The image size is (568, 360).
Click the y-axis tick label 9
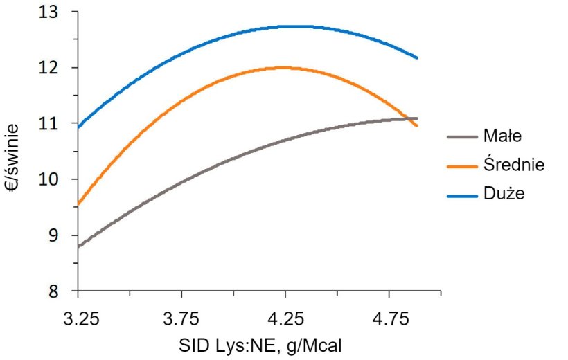pos(62,235)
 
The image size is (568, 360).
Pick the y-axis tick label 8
pos(62,291)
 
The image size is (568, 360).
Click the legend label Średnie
pos(515,165)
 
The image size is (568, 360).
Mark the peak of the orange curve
pos(283,67)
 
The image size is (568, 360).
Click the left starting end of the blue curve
pos(79,127)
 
